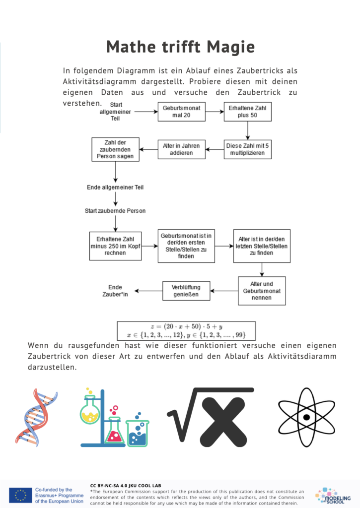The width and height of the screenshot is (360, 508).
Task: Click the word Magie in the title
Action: tap(231, 47)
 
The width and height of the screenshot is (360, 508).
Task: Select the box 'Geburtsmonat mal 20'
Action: tap(182, 112)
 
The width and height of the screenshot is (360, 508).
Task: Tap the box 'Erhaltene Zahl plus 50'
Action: tap(247, 112)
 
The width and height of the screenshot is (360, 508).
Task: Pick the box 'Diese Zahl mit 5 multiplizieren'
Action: tap(247, 149)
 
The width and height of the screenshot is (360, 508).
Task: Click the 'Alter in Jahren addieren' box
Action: tap(182, 149)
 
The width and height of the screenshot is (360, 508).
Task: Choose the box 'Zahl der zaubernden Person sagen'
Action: tap(116, 149)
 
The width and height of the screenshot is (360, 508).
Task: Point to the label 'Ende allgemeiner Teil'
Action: tap(115, 187)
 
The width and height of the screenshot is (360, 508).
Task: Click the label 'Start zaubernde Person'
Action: tap(115, 211)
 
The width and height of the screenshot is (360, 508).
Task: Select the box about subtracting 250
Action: tap(116, 246)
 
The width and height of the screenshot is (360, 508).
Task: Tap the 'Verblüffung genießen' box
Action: tap(186, 291)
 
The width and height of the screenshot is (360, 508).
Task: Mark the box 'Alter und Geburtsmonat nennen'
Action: tap(262, 291)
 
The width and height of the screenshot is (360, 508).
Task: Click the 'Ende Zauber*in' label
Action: tap(115, 291)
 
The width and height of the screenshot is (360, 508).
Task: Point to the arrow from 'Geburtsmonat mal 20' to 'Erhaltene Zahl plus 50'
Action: tap(215, 112)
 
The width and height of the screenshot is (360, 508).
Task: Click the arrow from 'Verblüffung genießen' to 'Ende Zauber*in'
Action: tap(148, 291)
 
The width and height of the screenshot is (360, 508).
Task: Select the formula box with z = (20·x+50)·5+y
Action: tap(186, 330)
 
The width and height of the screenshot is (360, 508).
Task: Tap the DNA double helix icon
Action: tap(36, 418)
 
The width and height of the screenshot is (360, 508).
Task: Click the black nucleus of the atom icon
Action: tap(306, 417)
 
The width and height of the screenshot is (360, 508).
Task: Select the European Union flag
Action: tap(20, 496)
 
